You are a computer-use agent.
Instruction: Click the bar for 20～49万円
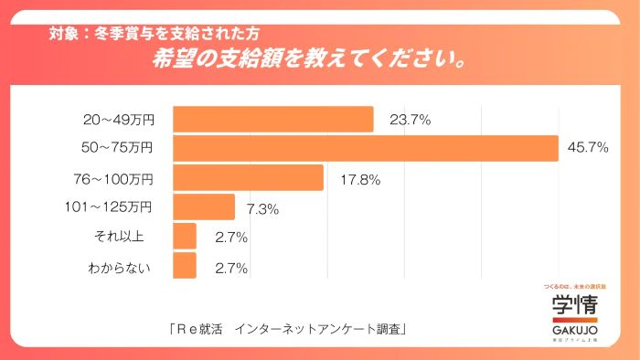click(272, 119)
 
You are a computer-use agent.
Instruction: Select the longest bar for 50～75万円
click(365, 148)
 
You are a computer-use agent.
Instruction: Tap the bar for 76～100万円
click(248, 177)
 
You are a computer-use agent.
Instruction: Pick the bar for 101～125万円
click(204, 206)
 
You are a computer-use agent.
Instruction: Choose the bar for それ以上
click(185, 236)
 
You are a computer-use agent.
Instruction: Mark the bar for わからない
click(185, 265)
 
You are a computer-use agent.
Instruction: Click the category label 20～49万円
click(118, 120)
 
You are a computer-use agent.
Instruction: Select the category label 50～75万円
click(118, 148)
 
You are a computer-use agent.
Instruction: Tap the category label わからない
click(122, 267)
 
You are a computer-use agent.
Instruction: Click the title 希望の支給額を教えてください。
click(312, 61)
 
